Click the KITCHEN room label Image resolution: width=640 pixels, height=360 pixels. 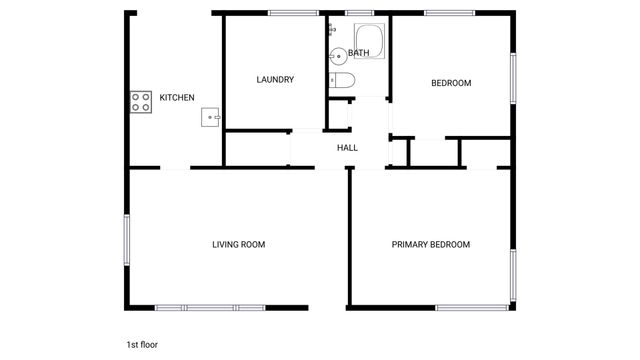pyautogui.click(x=177, y=98)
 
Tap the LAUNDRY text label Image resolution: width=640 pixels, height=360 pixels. pyautogui.click(x=275, y=80)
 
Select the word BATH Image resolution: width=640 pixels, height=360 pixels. pyautogui.click(x=359, y=52)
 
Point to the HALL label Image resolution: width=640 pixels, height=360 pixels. pyautogui.click(x=347, y=148)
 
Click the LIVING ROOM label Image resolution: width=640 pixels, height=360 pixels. pyautogui.click(x=238, y=244)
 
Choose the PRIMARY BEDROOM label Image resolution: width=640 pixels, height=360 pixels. pyautogui.click(x=430, y=244)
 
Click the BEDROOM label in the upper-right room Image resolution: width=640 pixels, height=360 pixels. pyautogui.click(x=451, y=83)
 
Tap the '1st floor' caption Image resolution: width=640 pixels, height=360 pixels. pyautogui.click(x=142, y=344)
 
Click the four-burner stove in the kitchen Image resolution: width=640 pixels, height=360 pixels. pyautogui.click(x=139, y=101)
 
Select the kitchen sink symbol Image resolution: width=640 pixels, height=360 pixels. pyautogui.click(x=212, y=117)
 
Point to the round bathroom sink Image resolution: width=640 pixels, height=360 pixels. pyautogui.click(x=338, y=56)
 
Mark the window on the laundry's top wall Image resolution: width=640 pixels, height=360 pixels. pyautogui.click(x=292, y=13)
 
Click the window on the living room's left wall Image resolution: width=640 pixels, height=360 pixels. pyautogui.click(x=127, y=240)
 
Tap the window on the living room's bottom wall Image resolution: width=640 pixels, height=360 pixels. pyautogui.click(x=210, y=306)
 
